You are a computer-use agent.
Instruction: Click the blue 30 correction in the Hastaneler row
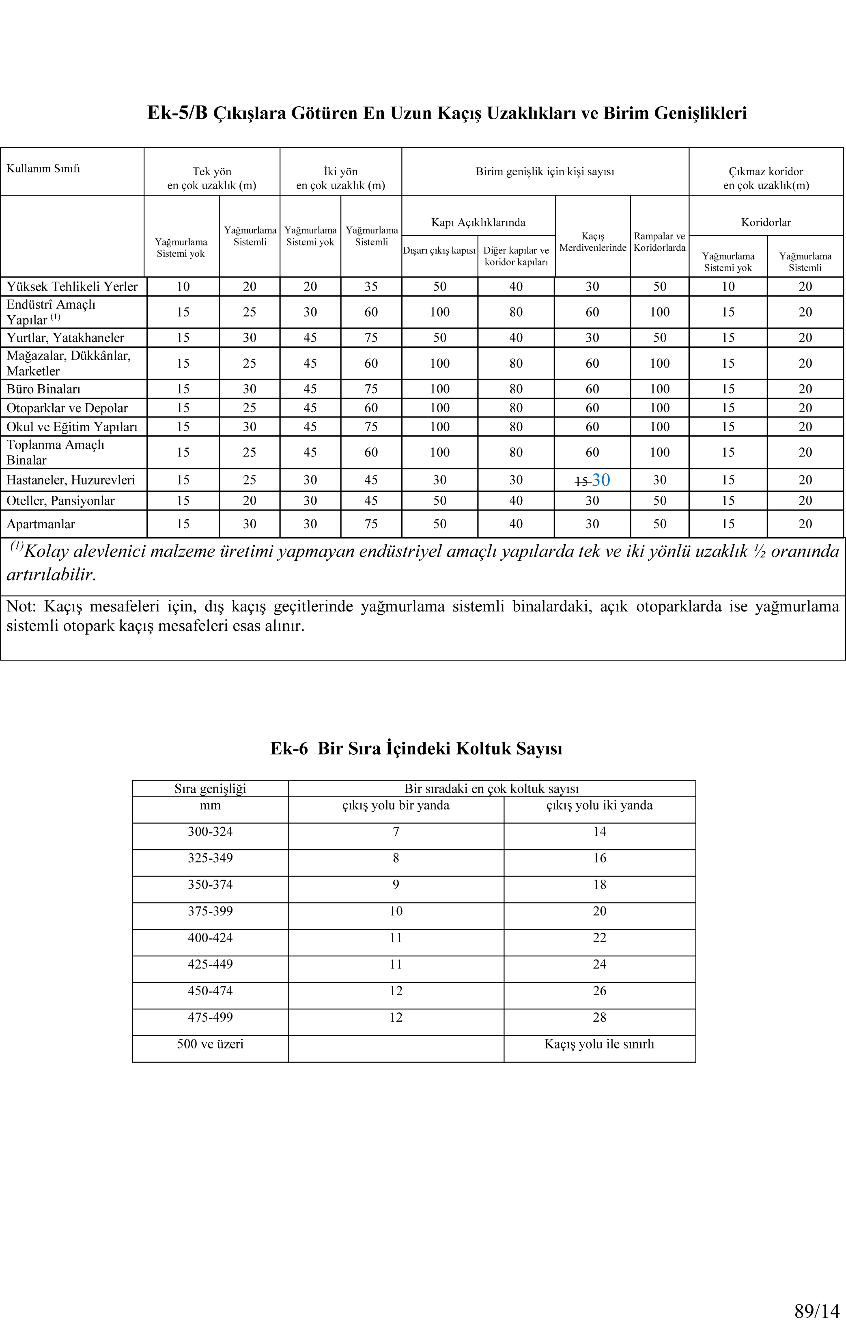(601, 480)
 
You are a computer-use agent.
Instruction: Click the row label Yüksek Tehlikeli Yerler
(72, 286)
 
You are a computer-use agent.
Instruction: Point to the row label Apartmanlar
(41, 524)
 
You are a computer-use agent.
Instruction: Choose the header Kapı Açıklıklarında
(478, 222)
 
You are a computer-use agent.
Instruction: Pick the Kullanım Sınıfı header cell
(43, 168)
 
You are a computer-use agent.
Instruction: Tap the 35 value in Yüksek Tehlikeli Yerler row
(371, 286)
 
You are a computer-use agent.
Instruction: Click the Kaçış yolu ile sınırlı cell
(599, 1044)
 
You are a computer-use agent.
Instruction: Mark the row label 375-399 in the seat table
(210, 911)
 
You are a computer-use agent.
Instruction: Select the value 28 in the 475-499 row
(599, 1017)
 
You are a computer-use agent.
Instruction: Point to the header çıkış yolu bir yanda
(396, 805)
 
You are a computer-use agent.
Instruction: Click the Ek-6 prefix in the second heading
(288, 748)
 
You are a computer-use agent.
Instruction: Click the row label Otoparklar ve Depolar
(67, 408)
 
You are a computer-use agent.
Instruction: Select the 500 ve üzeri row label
(210, 1044)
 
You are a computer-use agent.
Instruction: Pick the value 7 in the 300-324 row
(396, 832)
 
